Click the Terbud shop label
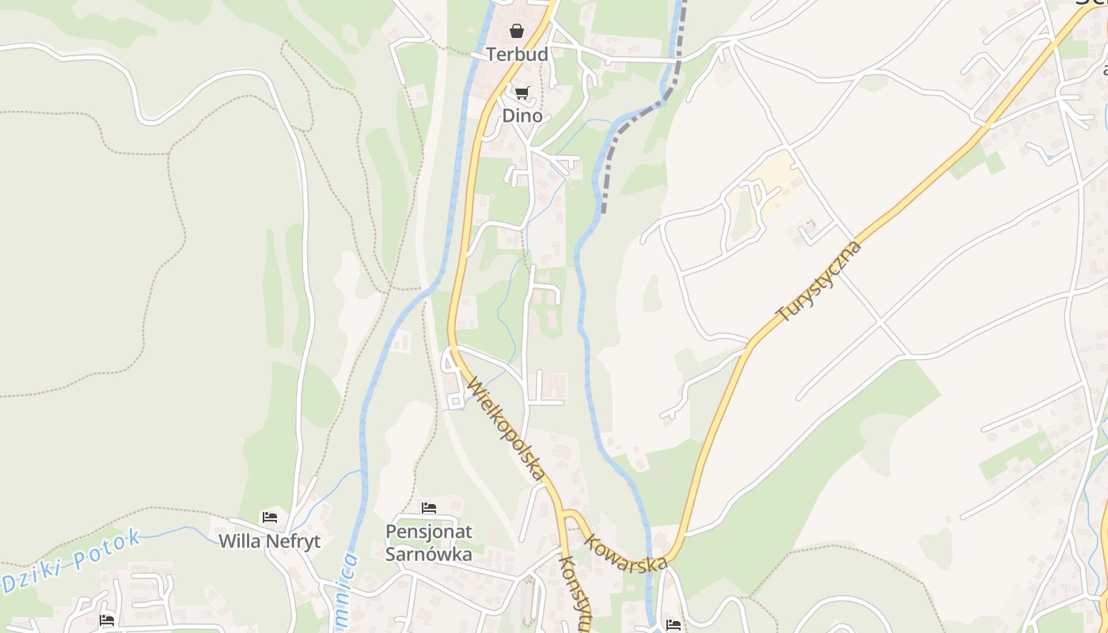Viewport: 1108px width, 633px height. click(517, 55)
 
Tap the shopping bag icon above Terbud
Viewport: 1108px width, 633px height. click(517, 32)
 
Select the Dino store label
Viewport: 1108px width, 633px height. click(522, 116)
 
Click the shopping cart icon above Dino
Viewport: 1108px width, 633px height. click(522, 93)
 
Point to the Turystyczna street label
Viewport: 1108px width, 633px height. click(819, 282)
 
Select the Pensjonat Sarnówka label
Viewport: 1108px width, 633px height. click(428, 543)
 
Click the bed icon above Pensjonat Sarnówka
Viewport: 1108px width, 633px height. click(429, 507)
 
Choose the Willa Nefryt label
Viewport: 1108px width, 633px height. click(269, 542)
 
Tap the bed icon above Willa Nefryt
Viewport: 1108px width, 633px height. click(270, 517)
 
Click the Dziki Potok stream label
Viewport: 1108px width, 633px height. click(71, 562)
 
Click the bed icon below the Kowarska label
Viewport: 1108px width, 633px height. click(674, 625)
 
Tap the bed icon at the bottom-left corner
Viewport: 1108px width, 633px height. click(107, 620)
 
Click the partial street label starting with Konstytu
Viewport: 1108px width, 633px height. click(575, 593)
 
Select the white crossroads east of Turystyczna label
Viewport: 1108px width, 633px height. click(880, 321)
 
